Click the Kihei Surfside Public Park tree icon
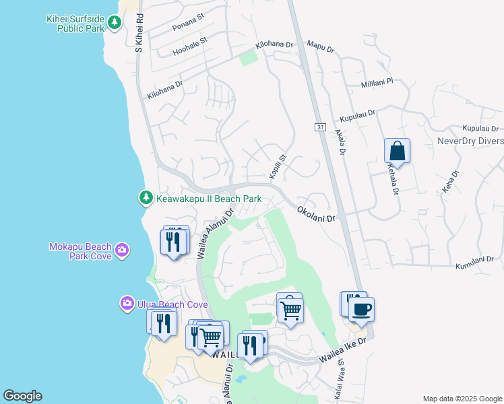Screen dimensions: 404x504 (115, 23)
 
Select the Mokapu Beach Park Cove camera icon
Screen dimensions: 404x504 (122, 250)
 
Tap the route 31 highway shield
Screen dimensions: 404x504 (320, 127)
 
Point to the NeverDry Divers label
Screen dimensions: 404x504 (470, 141)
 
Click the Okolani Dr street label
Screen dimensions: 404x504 (317, 215)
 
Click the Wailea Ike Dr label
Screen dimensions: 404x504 (343, 351)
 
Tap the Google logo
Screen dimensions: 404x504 (22, 396)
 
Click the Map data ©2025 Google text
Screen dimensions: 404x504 (462, 399)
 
